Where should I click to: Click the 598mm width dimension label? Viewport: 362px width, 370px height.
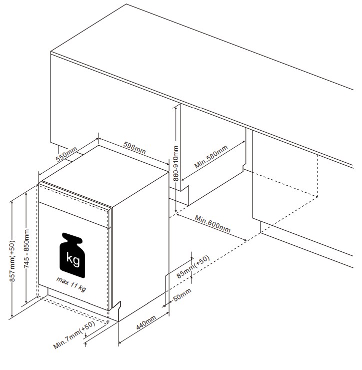coord(134,148)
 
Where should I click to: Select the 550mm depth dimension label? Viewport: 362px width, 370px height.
coord(66,154)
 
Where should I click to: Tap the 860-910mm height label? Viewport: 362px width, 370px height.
coord(176,163)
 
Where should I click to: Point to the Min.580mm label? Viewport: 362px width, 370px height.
coord(211,157)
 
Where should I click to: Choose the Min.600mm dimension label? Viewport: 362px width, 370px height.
coord(212,224)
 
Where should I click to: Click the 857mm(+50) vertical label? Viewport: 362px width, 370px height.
coord(12,261)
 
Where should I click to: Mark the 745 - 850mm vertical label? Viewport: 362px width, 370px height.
coord(26,248)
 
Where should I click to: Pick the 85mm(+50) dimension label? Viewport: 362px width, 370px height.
coord(193,267)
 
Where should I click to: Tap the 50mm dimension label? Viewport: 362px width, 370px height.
coord(182,295)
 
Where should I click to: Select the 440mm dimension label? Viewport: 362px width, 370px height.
coord(146,322)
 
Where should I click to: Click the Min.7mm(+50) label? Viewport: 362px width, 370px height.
coord(74,334)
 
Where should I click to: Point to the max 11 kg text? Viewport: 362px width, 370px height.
coord(71,284)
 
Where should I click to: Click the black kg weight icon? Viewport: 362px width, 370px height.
coord(72,255)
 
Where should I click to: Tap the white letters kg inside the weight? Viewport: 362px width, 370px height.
coord(73,259)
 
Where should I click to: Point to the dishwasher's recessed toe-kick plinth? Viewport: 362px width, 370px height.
coord(78,299)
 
